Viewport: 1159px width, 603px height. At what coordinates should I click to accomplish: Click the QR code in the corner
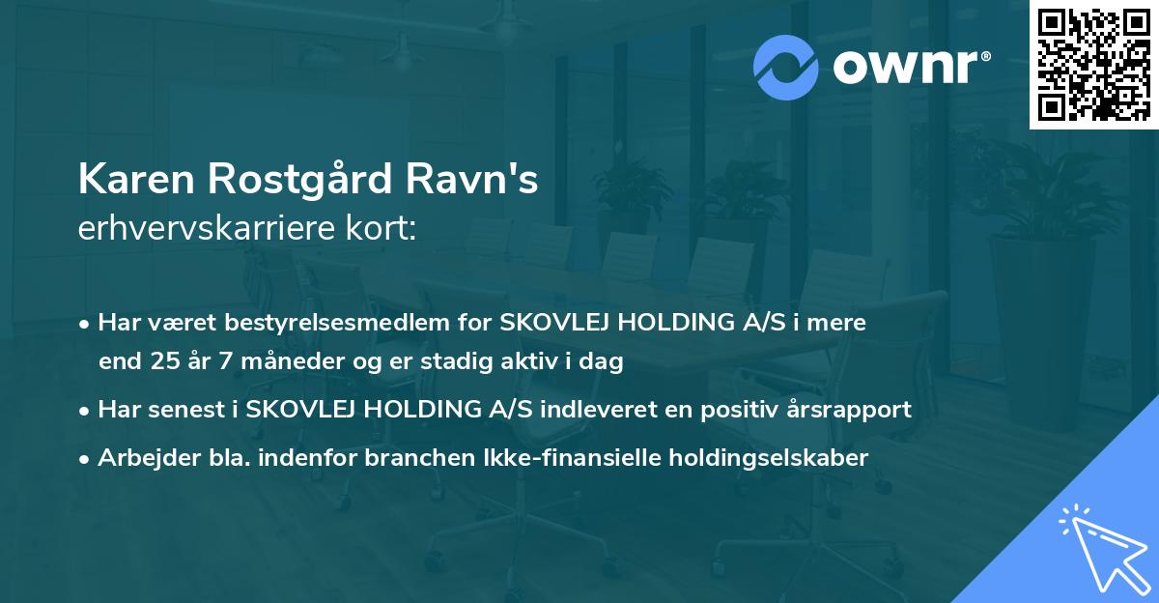[1092, 64]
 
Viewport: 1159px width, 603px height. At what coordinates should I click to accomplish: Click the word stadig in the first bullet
[446, 362]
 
